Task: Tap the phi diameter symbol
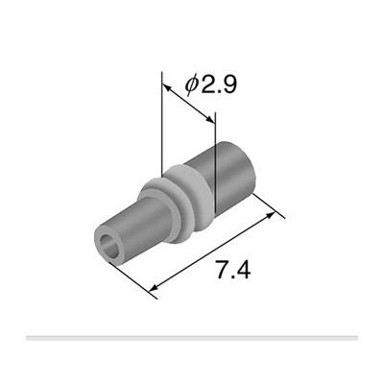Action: point(191,85)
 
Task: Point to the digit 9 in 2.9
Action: point(228,85)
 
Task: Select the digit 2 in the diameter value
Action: point(207,85)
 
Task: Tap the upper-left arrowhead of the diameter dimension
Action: point(166,87)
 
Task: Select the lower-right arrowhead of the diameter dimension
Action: point(210,119)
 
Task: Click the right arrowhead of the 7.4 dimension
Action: point(271,216)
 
